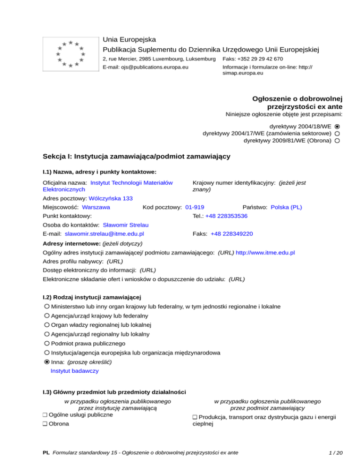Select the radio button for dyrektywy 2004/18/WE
[x=337, y=127]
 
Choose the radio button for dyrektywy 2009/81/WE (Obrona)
[x=337, y=141]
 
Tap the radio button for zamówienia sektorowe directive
[x=337, y=134]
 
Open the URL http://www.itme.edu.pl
[x=265, y=253]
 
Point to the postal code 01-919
[x=195, y=207]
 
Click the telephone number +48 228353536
[x=226, y=216]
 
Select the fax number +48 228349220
[x=232, y=233]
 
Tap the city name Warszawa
[x=96, y=207]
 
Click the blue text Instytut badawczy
[x=75, y=371]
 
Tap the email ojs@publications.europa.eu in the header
[x=145, y=68]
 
